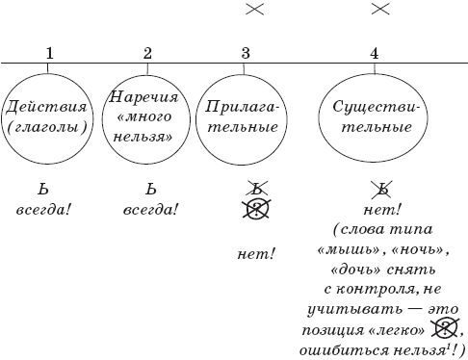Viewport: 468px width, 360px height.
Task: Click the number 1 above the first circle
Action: pos(48,53)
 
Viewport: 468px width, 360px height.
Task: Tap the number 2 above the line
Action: pos(146,53)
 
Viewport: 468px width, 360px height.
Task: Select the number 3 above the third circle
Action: pos(246,53)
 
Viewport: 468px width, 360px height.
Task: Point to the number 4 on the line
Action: pos(374,53)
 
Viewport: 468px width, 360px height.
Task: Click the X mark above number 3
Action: pos(254,9)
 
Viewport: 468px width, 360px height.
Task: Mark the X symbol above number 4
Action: pos(379,9)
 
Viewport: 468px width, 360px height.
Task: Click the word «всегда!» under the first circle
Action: pos(43,208)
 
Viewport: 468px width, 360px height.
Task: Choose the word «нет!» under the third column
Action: pos(255,255)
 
